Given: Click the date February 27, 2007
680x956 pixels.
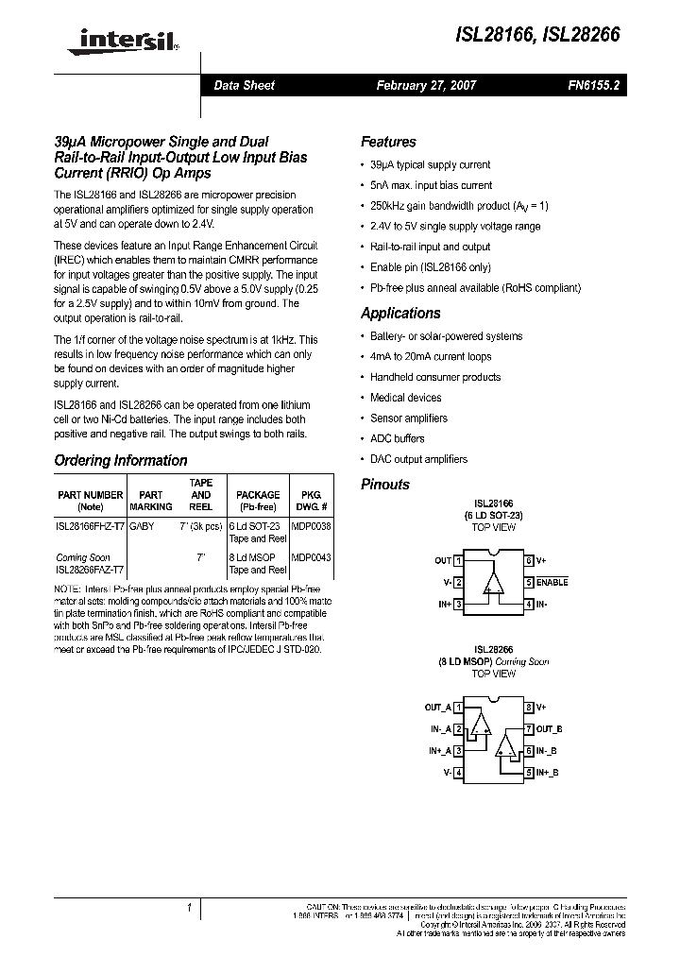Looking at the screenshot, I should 426,85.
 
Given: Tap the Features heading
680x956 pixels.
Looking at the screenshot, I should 388,142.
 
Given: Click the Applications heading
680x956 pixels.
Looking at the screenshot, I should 400,313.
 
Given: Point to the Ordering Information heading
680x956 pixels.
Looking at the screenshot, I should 121,461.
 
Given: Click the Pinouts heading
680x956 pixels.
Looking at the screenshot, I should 385,484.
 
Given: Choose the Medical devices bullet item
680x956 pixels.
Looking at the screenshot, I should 405,398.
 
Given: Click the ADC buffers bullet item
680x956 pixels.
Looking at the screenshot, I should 397,438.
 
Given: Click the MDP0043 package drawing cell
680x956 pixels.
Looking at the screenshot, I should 312,557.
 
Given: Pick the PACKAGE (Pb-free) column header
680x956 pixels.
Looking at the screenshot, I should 258,500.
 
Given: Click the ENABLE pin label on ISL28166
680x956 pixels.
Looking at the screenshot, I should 552,583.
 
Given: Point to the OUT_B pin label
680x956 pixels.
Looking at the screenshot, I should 550,728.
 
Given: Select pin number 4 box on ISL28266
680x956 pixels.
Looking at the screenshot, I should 458,772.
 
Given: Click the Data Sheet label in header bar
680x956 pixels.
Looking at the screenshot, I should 244,85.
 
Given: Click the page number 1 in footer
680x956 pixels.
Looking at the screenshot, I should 190,908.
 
